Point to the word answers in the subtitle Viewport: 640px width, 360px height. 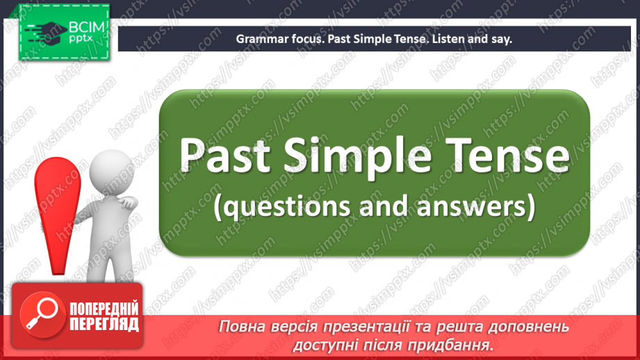click(473, 206)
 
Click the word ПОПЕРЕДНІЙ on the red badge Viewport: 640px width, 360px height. click(104, 309)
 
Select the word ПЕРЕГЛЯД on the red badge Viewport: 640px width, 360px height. click(104, 325)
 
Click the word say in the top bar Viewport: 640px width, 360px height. click(502, 39)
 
